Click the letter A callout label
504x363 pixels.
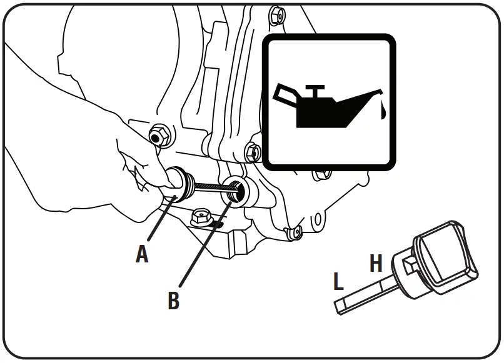click(143, 253)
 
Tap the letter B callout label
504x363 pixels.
click(173, 300)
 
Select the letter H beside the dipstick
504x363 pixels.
click(376, 263)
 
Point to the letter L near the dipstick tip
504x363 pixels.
click(338, 281)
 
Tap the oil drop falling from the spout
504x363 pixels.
click(381, 111)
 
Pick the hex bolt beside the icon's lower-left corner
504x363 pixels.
click(252, 151)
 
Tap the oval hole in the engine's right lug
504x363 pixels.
click(318, 219)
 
